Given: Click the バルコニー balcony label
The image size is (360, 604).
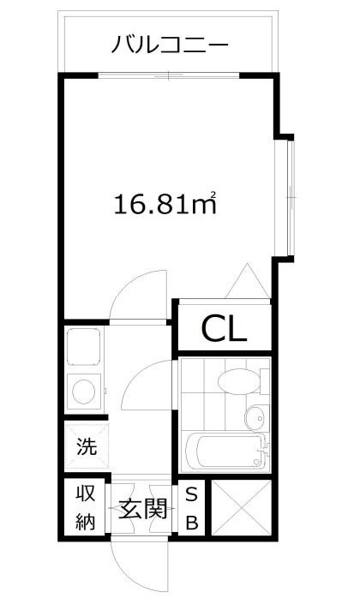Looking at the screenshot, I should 169,45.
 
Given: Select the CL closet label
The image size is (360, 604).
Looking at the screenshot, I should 224,327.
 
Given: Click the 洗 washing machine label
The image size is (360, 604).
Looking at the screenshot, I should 87,446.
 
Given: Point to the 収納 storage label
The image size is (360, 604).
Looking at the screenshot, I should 85,508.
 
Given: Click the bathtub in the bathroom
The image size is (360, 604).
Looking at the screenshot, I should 225,451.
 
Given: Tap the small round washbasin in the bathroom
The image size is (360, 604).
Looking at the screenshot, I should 255,419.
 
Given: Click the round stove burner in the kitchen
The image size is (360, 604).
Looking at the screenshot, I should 85,392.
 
